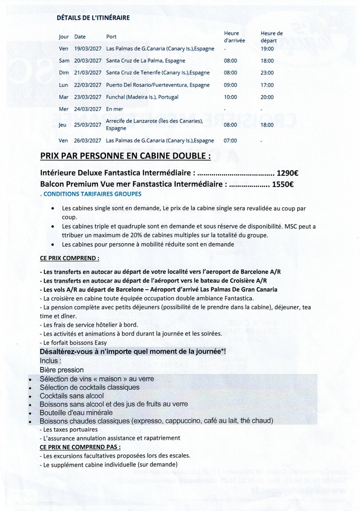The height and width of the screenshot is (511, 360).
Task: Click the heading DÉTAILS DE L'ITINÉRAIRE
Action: tap(93, 18)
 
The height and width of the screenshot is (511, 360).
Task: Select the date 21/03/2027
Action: tap(88, 73)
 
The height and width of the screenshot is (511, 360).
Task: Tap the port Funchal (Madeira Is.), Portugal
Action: tap(142, 97)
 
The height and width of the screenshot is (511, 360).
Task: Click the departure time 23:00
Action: tap(267, 73)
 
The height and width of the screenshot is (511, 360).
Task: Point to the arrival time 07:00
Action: tap(230, 141)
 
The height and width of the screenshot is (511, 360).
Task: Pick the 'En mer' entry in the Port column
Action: tap(114, 109)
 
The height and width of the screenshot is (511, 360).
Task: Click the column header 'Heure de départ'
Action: tap(272, 37)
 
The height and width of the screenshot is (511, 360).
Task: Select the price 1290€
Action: tap(287, 173)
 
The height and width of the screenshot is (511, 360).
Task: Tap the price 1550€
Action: tap(283, 184)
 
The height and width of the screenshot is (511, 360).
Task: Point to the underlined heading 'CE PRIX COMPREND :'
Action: tap(69, 258)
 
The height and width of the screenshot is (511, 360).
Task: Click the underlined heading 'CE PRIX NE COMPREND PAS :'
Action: tap(80, 447)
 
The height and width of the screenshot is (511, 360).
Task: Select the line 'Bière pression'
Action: tap(62, 370)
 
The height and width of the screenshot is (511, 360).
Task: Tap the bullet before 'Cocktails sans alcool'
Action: tap(30, 397)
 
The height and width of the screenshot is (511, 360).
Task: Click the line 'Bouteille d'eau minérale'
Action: tap(76, 413)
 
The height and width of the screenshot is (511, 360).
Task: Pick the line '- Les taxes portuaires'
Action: tap(69, 430)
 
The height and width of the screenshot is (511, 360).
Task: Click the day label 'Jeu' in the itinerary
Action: tap(63, 125)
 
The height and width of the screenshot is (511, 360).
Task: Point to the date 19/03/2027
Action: tap(88, 49)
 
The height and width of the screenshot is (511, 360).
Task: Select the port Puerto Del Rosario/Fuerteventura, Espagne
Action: tap(158, 85)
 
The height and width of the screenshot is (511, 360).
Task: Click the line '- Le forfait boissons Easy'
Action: tap(73, 343)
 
